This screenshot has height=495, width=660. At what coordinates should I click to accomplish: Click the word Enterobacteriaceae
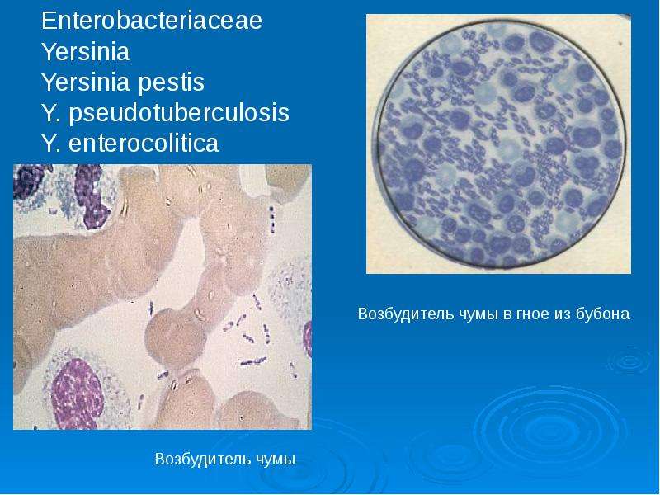point(152,20)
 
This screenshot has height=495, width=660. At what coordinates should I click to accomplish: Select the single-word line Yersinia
point(86,51)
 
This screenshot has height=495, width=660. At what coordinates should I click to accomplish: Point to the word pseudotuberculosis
point(179,113)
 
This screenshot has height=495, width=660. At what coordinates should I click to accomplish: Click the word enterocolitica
point(144,143)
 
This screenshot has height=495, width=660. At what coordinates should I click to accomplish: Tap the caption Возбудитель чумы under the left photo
point(225,459)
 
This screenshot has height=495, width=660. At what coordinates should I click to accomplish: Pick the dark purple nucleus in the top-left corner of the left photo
point(29,180)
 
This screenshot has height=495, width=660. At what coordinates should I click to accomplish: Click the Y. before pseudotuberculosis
point(53,113)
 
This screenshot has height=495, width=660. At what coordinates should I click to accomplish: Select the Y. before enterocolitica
point(53,144)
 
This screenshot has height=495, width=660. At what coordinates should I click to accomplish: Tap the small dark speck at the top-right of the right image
point(620,44)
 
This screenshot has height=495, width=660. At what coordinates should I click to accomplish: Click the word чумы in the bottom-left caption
point(276,460)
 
